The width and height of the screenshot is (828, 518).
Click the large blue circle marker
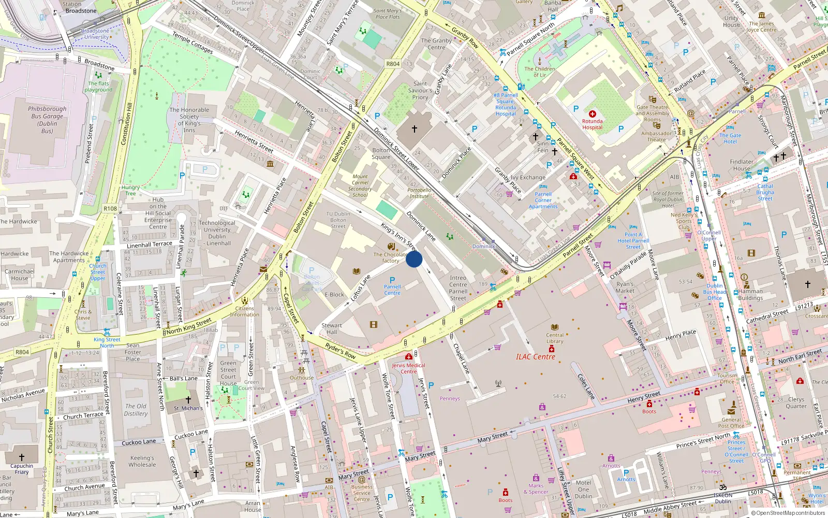[414, 259]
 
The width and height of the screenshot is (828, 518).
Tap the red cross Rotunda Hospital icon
[593, 113]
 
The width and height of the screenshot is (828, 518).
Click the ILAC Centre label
[536, 357]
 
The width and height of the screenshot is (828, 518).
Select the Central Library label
[555, 338]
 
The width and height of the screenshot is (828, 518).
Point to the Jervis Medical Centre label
[408, 368]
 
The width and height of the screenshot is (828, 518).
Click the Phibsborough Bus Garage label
[47, 120]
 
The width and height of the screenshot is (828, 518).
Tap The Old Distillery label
[136, 410]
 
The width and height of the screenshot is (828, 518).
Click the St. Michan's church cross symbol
[188, 400]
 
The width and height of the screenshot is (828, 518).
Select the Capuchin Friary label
[22, 469]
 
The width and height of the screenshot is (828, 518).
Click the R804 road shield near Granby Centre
[393, 64]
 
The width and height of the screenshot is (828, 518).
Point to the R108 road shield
[110, 208]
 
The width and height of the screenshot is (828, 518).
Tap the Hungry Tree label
[130, 191]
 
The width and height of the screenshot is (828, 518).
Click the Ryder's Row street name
[341, 351]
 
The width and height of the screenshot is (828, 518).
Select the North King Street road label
[189, 326]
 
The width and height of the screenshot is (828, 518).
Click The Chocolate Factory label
[391, 257]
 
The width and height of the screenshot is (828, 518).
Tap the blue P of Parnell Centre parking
[392, 280]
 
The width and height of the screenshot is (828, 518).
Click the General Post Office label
[731, 423]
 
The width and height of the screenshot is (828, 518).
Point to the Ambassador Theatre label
[656, 136]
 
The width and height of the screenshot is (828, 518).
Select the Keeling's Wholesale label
[142, 461]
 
